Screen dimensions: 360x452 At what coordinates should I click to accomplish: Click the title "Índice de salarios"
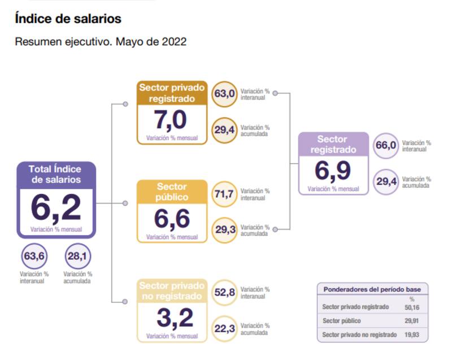pos(68,19)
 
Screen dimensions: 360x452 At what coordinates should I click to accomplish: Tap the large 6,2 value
pos(56,208)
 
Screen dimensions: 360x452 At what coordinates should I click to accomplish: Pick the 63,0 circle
pos(224,94)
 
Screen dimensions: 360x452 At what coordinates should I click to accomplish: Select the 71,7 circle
pos(224,194)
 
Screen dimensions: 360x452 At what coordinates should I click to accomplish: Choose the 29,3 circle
pos(224,229)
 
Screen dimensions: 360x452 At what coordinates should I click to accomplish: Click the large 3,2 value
pos(172,318)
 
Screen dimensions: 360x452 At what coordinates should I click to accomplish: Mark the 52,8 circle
pos(224,292)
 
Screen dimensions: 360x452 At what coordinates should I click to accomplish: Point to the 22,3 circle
pos(224,328)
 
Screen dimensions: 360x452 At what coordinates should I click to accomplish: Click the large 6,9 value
pos(333,171)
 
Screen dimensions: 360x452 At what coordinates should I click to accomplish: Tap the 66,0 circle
pos(386,146)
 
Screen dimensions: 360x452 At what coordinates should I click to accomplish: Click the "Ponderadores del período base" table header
pos(372,289)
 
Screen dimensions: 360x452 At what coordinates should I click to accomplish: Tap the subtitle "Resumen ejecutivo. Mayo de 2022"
pos(101,42)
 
